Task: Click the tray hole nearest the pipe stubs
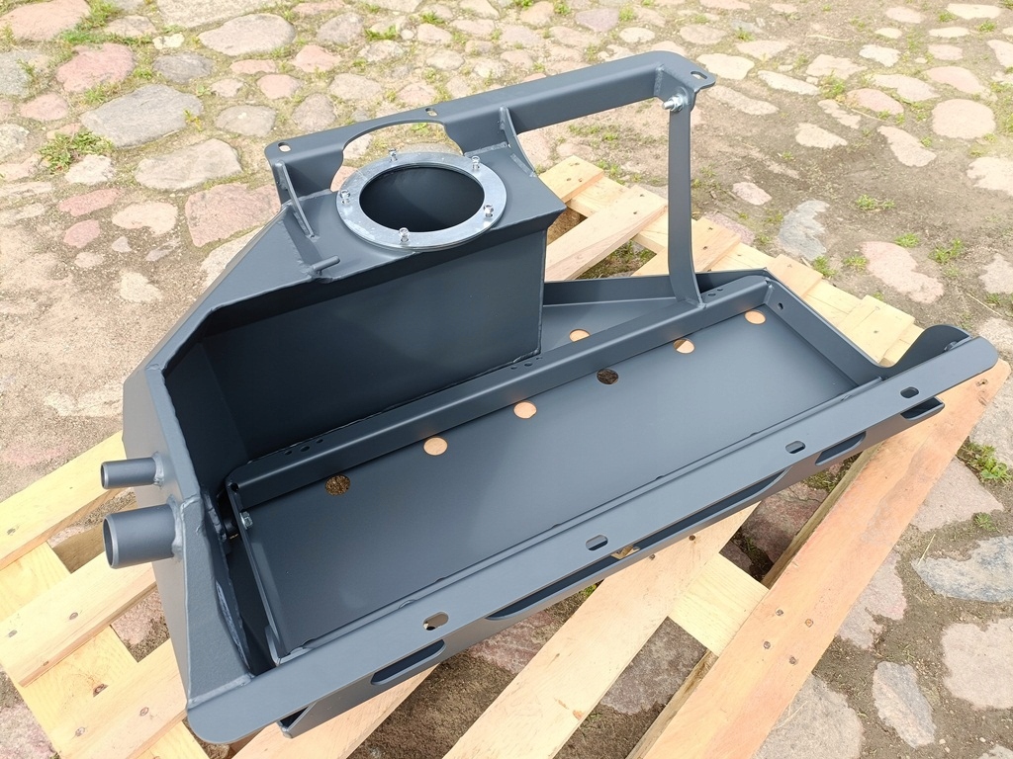[338, 484]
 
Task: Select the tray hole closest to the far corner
[755, 317]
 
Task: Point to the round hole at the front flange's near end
[435, 621]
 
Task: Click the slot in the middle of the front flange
[597, 542]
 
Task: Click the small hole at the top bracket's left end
[284, 148]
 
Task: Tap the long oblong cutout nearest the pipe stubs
[408, 662]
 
